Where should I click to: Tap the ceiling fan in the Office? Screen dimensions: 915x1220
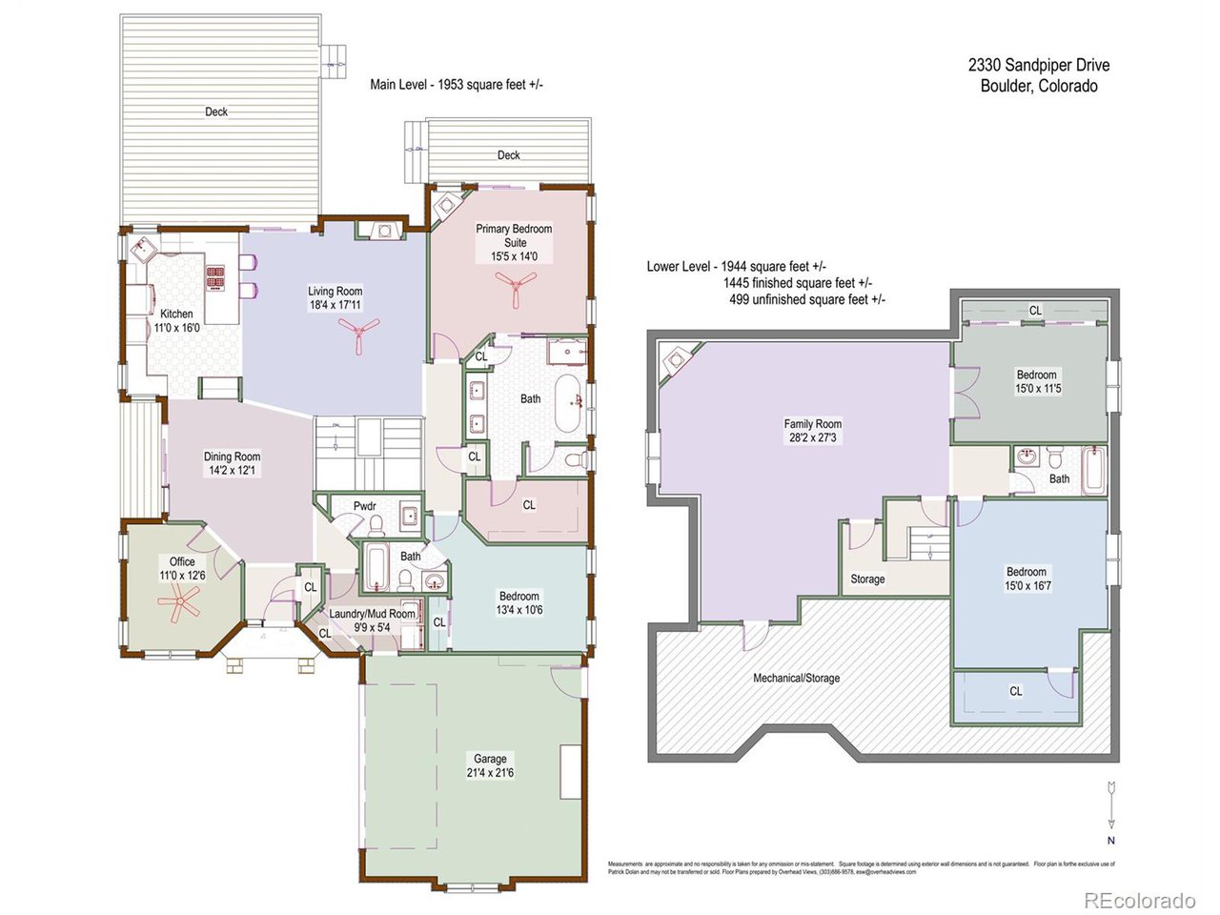179,602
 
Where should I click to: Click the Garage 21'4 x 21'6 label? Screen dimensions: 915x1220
490,765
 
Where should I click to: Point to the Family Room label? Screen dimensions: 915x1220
813,431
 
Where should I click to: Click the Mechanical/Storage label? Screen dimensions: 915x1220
797,678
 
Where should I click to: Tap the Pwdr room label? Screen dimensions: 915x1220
364,506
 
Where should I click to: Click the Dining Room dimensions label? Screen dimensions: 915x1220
232,470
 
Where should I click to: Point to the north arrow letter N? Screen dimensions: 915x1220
1110,841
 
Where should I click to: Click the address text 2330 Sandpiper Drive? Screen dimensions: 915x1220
1039,65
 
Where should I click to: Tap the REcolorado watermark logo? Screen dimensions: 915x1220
1139,900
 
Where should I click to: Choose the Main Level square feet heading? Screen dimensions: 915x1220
457,85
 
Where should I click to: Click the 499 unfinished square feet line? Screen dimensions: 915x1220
806,299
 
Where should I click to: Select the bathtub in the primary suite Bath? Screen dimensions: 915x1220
567,402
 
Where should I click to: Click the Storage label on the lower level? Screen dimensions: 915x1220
867,579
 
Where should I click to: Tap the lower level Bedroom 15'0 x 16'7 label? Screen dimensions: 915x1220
1027,579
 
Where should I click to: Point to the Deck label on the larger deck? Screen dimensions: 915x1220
216,112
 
